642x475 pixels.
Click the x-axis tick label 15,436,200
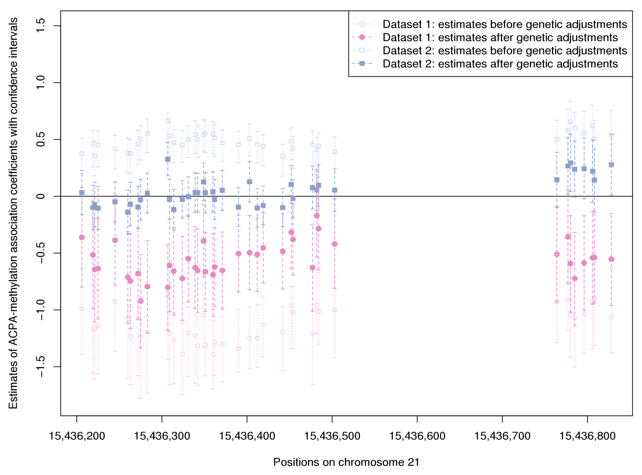tap(77, 436)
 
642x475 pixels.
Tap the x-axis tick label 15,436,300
tap(162, 436)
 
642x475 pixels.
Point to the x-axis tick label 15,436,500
tap(332, 436)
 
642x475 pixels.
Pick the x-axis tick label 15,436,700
tap(502, 436)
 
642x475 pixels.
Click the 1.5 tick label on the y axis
tap(41, 26)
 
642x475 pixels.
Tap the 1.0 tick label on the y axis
tap(41, 83)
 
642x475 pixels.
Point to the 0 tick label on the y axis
tap(41, 196)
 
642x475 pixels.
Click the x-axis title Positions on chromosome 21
tap(346, 462)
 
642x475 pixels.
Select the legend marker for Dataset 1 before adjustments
tap(362, 24)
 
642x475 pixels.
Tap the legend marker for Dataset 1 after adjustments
tap(362, 37)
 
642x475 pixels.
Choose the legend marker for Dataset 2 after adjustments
tap(362, 63)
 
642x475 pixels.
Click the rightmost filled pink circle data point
tap(611, 259)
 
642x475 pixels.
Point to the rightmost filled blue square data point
tap(611, 165)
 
